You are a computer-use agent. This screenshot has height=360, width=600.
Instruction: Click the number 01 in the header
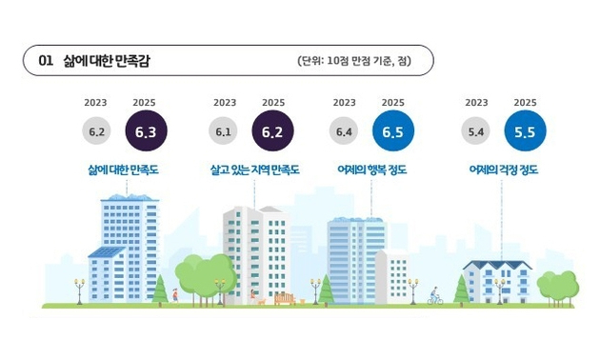pos(45,61)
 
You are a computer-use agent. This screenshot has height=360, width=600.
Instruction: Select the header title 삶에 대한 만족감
pos(105,61)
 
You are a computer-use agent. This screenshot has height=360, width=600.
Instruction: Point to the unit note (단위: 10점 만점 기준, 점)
pos(352,61)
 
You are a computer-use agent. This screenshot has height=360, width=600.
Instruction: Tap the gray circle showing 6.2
pos(95,131)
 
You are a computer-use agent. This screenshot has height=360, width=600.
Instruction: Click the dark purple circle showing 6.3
pos(145,131)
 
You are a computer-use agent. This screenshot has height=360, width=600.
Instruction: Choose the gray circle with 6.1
pos(224,131)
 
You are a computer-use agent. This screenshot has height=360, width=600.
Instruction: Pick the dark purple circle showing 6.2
pos(273,131)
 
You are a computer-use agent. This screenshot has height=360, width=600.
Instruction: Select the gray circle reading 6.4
pos(344,131)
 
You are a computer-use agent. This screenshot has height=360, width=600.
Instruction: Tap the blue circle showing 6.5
pos(393,131)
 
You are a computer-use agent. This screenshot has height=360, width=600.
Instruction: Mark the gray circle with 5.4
pos(476,131)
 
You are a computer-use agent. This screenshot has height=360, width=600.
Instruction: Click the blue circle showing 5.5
pos(525,131)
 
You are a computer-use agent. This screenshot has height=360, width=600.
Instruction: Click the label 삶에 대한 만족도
pos(122,170)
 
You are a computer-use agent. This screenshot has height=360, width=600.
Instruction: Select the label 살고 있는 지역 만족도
pos(254,170)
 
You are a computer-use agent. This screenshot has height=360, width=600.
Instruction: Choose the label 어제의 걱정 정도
pos(503,170)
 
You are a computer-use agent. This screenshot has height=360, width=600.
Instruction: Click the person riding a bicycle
pos(435,296)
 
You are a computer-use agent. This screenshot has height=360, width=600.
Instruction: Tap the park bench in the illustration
pos(284,299)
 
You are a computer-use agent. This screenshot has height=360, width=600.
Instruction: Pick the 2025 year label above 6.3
pos(145,102)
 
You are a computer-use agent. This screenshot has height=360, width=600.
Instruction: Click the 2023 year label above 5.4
pos(476,102)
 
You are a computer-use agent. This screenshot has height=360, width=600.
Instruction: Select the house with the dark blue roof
pos(497,281)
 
